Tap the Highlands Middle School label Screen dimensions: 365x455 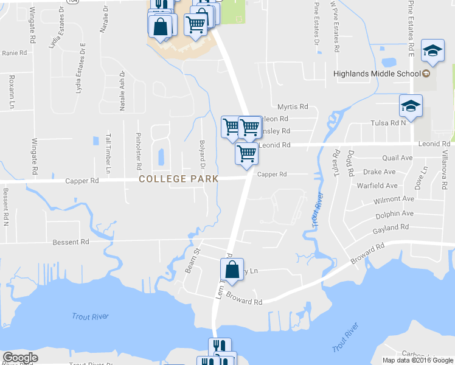377,74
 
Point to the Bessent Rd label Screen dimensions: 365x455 71,242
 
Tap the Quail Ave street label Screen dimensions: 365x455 397,158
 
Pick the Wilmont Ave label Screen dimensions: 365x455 394,200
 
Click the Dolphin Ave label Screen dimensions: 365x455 394,214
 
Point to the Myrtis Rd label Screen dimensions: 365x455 293,106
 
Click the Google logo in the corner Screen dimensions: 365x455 21,358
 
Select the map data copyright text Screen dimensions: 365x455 417,360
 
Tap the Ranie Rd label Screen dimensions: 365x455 15,53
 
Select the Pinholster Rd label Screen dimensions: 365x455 139,150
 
